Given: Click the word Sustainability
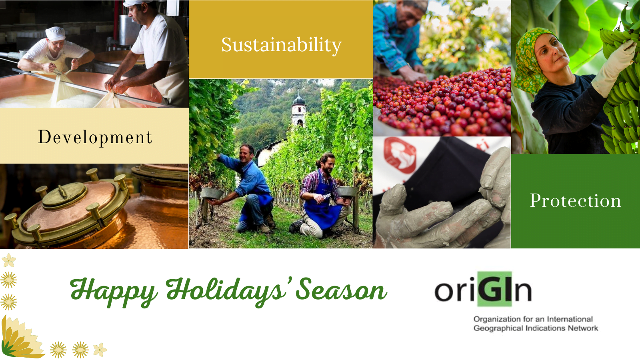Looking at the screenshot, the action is (282, 46).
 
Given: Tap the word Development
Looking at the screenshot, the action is (95, 138).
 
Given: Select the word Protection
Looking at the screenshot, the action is (576, 200).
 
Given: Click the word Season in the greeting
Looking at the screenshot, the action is (342, 290).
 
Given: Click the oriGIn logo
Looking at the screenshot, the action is (483, 289).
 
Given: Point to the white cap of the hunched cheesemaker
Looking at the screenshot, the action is (56, 34).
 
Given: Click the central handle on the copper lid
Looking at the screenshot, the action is (62, 191).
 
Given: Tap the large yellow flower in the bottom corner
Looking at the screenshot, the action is (20, 338).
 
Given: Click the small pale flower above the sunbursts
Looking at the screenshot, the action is (9, 260).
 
